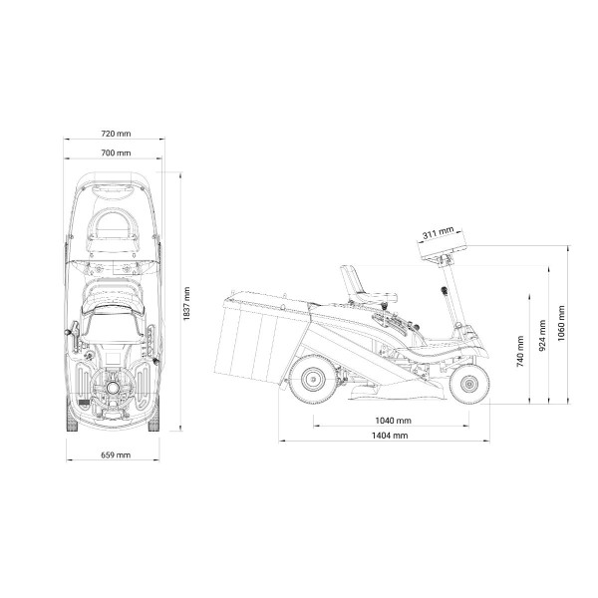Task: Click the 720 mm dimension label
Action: (x=116, y=134)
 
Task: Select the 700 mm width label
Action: (x=116, y=152)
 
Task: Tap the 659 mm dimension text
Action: (x=116, y=455)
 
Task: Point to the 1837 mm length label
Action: (x=186, y=304)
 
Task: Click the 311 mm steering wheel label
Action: (x=439, y=232)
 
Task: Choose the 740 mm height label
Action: (x=520, y=351)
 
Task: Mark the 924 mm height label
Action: (x=543, y=336)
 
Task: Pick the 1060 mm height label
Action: (x=561, y=323)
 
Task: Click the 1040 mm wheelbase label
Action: (x=394, y=421)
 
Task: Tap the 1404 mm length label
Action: (x=390, y=436)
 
